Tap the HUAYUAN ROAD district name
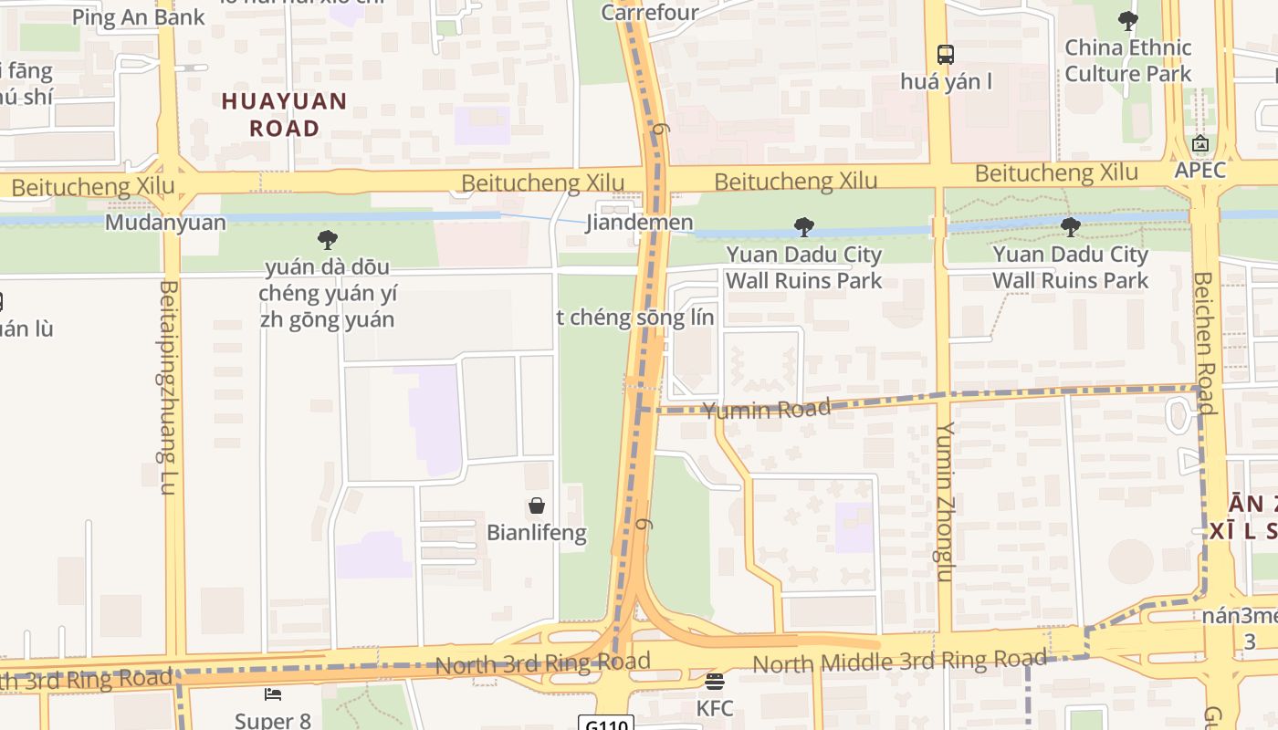284,114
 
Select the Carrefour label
650,12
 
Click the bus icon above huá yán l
945,55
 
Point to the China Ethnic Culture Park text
1128,60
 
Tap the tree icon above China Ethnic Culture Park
1128,20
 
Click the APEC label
1199,170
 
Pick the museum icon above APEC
1199,143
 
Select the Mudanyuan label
165,223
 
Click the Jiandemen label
639,222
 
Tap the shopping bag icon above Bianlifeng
537,506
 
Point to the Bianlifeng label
537,532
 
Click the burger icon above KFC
715,681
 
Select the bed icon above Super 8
273,694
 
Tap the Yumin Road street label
767,410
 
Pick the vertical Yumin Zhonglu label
945,501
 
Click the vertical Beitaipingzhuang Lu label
168,388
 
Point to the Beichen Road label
1205,342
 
